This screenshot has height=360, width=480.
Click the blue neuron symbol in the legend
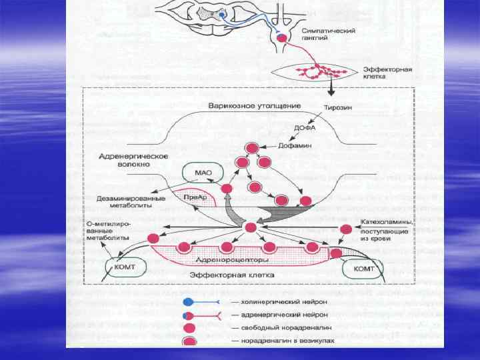tap(189, 301)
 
